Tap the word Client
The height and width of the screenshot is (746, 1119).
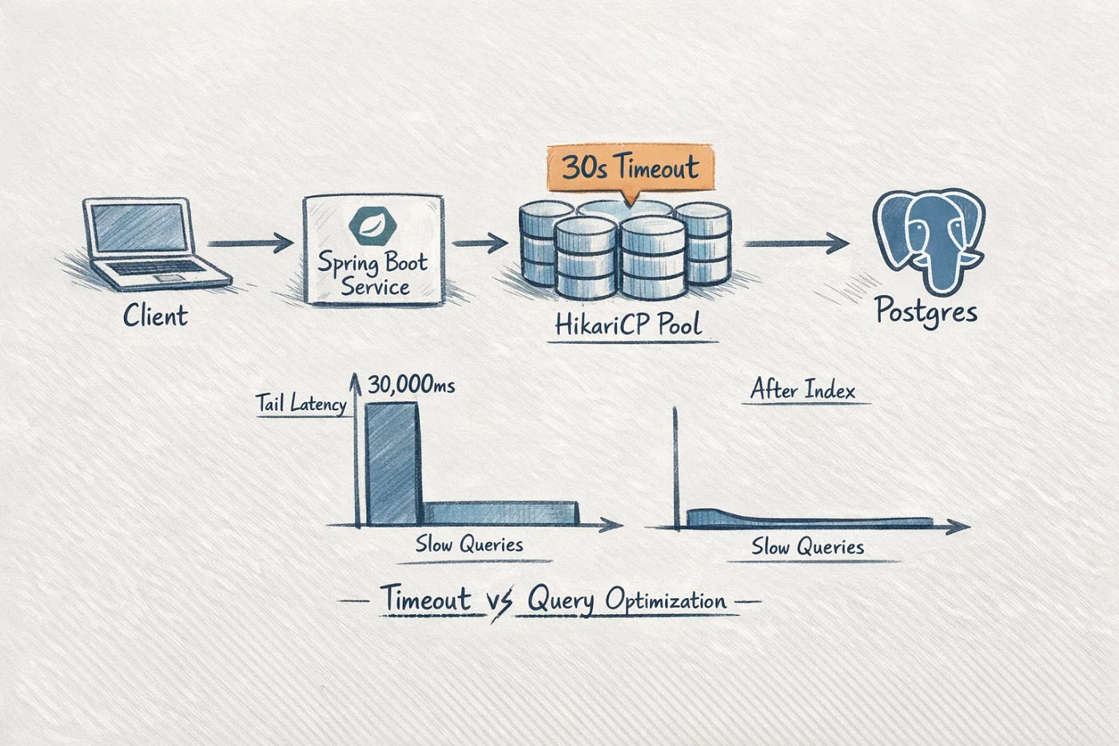pyautogui.click(x=155, y=315)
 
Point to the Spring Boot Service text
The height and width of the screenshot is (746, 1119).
pyautogui.click(x=373, y=273)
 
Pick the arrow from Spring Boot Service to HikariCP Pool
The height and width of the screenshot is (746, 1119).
pyautogui.click(x=479, y=241)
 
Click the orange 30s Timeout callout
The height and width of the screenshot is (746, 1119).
pyautogui.click(x=630, y=168)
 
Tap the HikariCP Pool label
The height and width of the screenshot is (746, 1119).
pyautogui.click(x=627, y=324)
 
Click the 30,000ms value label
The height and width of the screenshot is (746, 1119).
pyautogui.click(x=412, y=386)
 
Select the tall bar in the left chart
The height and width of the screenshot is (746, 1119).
pyautogui.click(x=391, y=464)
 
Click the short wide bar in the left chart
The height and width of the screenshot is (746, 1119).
pyautogui.click(x=500, y=514)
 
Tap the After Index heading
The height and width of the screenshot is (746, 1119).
pyautogui.click(x=802, y=391)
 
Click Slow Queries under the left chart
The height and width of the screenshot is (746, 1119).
pyautogui.click(x=469, y=545)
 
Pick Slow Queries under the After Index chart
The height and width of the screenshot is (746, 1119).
pyautogui.click(x=807, y=547)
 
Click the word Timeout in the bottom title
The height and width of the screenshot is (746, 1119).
pyautogui.click(x=425, y=600)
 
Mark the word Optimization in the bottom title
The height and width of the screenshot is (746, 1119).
pyautogui.click(x=665, y=600)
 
